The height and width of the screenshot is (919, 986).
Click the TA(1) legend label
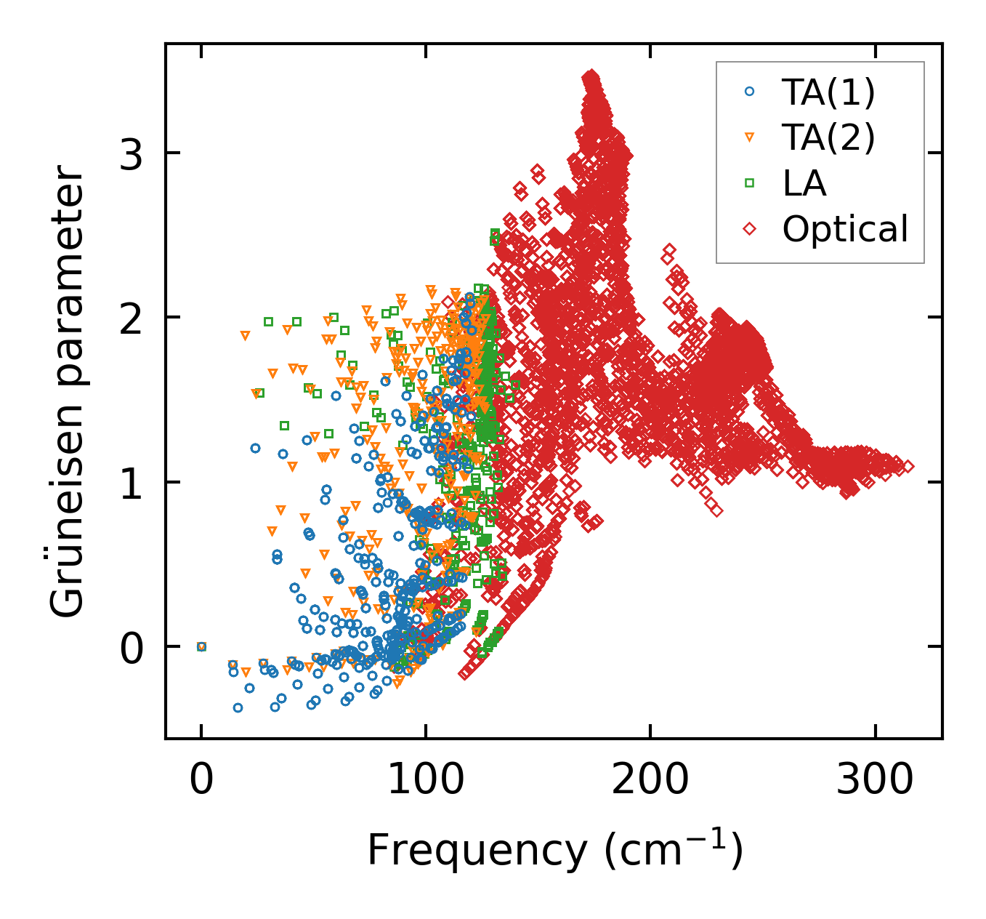828,92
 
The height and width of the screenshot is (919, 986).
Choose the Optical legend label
845,229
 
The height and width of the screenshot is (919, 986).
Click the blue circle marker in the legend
750,92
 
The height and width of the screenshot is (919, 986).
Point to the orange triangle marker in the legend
750,137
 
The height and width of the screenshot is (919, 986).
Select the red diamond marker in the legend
750,229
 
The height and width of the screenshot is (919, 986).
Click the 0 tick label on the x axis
201,781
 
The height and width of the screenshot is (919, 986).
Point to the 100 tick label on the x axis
426,781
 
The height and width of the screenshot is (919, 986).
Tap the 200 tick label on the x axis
650,781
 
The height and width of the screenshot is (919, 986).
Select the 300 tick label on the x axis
874,781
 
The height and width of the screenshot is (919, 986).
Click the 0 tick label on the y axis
132,647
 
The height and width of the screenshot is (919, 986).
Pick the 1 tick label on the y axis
132,483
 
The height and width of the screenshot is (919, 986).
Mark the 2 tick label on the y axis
132,318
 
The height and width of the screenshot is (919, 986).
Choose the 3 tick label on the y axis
132,153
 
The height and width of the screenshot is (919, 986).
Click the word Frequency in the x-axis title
476,850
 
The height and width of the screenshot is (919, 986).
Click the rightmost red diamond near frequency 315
907,467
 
